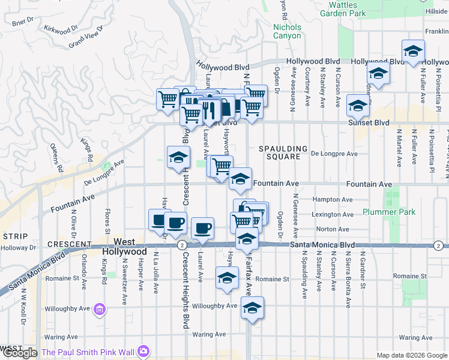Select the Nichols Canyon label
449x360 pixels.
pos(287,31)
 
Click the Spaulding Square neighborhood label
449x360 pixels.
pos(283,152)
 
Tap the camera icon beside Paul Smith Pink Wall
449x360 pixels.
pos(143,351)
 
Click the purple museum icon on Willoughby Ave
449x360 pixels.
pos(100,310)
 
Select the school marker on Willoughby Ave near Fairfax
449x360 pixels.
pos(253,308)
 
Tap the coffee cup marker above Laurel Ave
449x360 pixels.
pos(202,227)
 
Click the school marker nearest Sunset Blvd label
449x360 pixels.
pos(358,106)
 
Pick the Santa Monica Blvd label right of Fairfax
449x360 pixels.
pos(322,245)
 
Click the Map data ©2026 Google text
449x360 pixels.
pos(411,355)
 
